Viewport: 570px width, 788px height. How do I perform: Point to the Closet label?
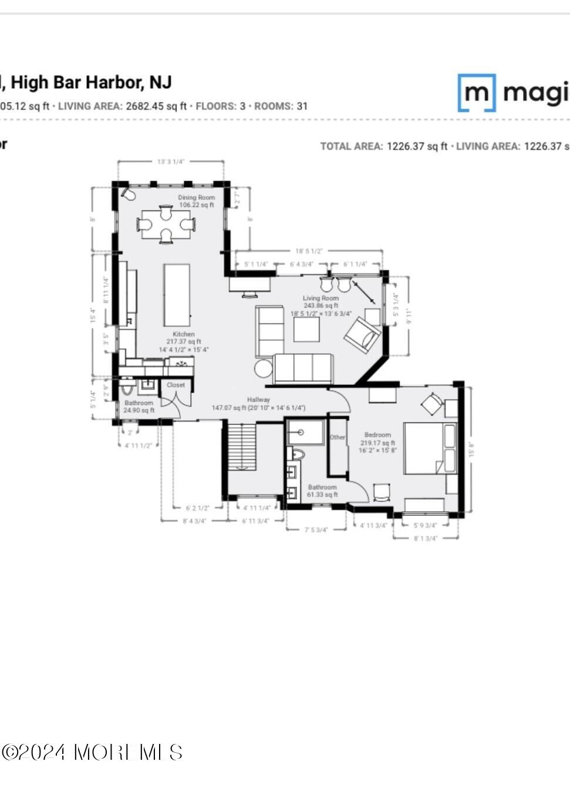coord(176,385)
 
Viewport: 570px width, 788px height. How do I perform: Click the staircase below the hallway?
coord(242,447)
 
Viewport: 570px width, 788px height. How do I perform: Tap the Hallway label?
coord(258,400)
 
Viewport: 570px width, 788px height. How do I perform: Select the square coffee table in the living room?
coord(306,329)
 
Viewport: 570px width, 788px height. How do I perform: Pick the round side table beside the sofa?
coord(264,369)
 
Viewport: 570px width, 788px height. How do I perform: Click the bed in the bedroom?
coord(430,448)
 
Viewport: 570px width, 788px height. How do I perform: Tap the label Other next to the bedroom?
coord(338,437)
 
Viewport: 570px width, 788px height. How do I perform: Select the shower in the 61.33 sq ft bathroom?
coord(305,432)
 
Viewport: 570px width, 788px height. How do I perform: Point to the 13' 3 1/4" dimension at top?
coord(170,162)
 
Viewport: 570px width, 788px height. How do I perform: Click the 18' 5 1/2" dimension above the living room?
coord(309,251)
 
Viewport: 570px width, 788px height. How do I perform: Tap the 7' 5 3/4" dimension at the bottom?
coord(316,529)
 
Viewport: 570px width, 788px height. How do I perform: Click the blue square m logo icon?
coord(477,93)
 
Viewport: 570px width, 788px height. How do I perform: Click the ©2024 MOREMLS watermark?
coord(92,752)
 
